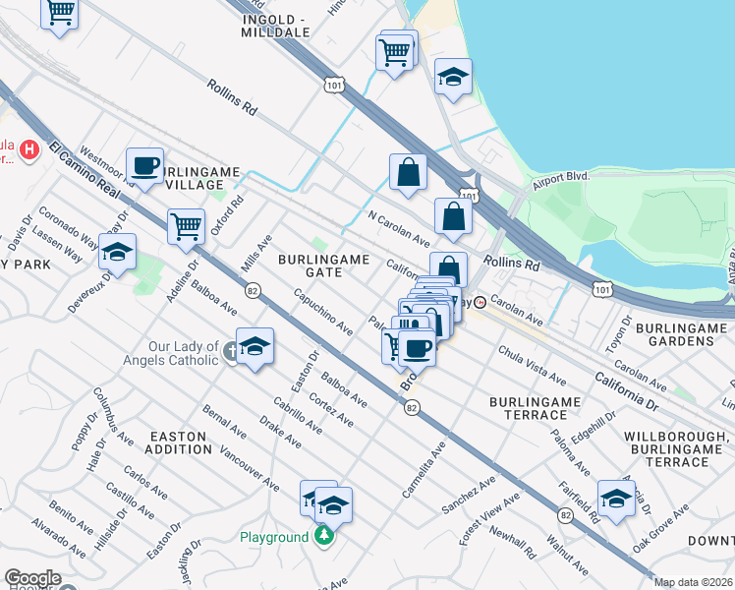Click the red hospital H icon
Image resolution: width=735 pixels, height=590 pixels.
click(x=30, y=149)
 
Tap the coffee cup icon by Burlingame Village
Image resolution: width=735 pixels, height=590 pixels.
click(x=145, y=166)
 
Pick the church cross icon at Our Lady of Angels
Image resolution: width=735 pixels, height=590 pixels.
click(x=230, y=351)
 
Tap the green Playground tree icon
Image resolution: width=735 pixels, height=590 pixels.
click(x=325, y=537)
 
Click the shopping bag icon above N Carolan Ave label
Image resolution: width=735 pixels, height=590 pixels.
click(x=408, y=173)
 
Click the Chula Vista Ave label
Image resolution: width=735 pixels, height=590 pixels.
click(x=532, y=365)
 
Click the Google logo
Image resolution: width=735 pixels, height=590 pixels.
click(x=32, y=578)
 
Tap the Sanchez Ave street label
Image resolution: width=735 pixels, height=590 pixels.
click(x=469, y=496)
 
